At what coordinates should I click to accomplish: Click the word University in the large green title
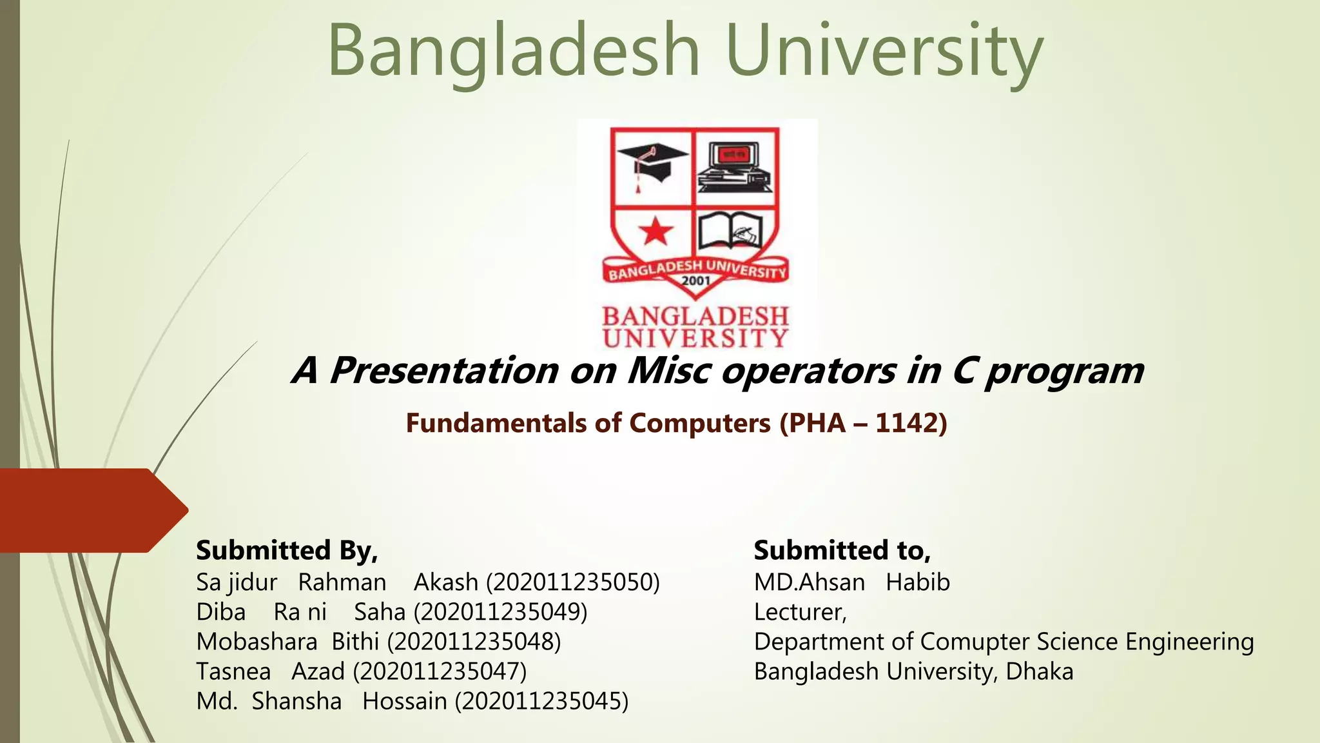(x=883, y=50)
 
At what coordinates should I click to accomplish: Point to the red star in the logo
(x=655, y=231)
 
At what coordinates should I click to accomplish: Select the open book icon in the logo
(x=731, y=232)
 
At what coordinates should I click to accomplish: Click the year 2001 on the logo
(x=696, y=281)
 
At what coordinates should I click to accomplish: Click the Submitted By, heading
(x=287, y=550)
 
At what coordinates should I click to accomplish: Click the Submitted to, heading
(x=842, y=550)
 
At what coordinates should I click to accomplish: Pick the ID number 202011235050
(x=573, y=582)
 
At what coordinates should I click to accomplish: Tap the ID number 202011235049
(x=501, y=612)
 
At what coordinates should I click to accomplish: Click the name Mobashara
(x=257, y=642)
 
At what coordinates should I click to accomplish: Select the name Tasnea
(x=233, y=671)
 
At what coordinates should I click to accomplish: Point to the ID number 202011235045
(x=541, y=701)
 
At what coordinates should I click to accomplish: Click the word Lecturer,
(x=800, y=612)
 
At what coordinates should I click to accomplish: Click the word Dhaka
(x=1039, y=671)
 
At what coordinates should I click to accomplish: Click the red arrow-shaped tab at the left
(x=90, y=510)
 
